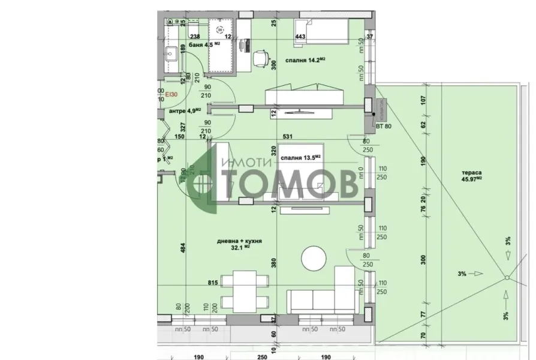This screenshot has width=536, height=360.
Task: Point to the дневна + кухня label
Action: click(x=240, y=241)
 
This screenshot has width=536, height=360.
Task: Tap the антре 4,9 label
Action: click(x=183, y=110)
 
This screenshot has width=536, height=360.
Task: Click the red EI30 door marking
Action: click(x=171, y=94)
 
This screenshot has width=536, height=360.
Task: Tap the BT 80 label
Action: click(x=383, y=127)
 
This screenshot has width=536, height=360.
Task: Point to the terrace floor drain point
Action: click(x=507, y=277)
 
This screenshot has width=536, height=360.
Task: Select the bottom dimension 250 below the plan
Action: click(x=261, y=356)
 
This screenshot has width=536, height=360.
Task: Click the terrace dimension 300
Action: click(x=424, y=259)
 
